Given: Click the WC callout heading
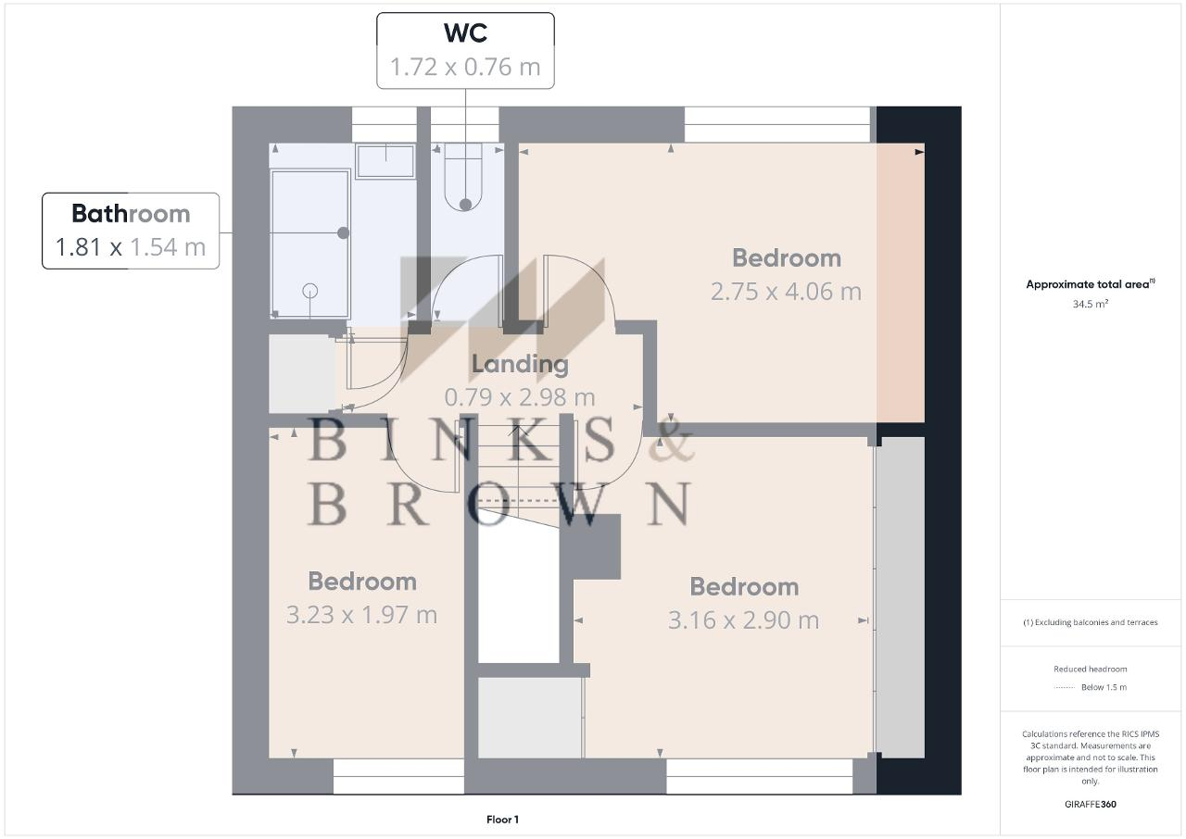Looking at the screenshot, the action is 465,32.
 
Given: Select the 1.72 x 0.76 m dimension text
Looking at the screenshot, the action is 465,68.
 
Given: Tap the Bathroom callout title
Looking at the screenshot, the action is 131,214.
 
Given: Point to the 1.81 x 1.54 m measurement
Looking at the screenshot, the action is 131,247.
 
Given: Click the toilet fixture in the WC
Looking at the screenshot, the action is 463,177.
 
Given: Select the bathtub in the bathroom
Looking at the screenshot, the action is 309,244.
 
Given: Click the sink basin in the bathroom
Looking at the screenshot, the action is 385,161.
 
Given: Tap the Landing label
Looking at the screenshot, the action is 520,364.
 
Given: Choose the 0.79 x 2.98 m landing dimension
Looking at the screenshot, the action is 520,397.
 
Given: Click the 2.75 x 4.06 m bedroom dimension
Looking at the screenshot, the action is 787,292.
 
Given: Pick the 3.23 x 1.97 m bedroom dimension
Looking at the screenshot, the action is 362,615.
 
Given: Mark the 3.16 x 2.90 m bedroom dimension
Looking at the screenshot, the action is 744,620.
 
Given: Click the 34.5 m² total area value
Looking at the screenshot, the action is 1091,304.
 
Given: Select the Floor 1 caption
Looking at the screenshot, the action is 502,820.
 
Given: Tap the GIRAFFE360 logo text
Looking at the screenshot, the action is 1091,804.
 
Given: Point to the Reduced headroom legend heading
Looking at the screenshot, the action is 1091,669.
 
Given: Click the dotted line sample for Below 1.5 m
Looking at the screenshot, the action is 1065,688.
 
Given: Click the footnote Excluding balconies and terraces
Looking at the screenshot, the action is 1091,622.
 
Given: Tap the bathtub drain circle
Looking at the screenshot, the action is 309,291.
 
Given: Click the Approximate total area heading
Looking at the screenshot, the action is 1091,284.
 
